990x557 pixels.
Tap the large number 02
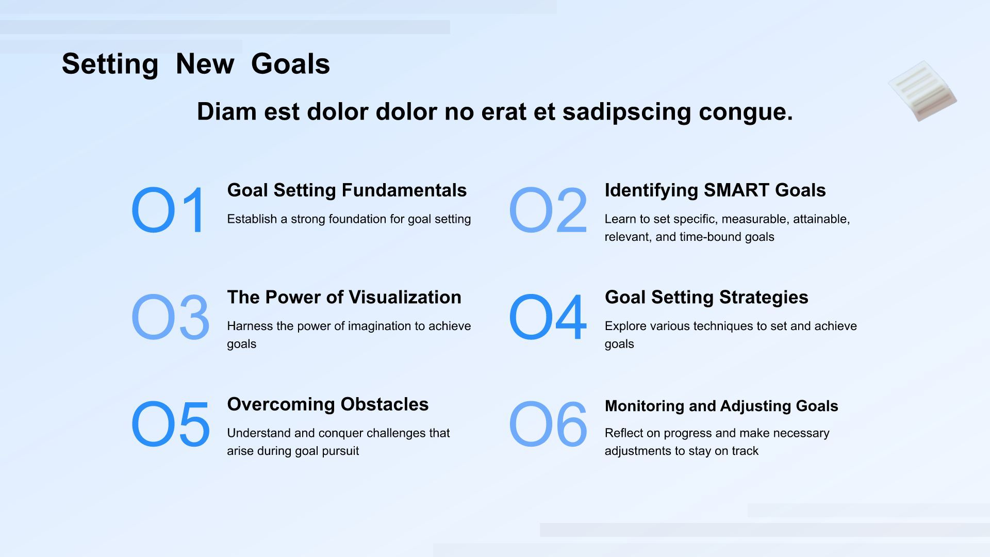point(548,210)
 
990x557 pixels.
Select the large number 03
point(170,317)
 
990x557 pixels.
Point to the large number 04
point(548,317)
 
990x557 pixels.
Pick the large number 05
point(170,424)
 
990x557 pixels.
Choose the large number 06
point(548,424)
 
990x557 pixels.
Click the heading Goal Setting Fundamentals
point(347,190)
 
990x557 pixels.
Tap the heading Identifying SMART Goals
point(715,190)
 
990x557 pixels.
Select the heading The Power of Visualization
point(344,297)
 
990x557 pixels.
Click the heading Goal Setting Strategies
point(706,297)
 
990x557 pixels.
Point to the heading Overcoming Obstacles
point(328,404)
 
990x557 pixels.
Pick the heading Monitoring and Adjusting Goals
point(721,406)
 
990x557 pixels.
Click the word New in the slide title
point(205,64)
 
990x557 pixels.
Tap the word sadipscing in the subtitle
point(626,112)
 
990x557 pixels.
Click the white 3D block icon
point(922,91)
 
